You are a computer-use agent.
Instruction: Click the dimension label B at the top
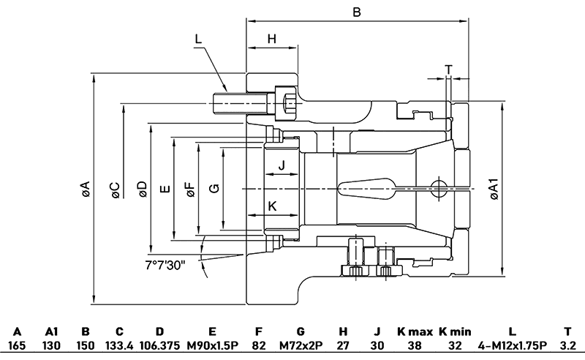coord(357,12)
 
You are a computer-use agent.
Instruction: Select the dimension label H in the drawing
coord(272,39)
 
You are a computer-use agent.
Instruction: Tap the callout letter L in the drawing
coord(199,39)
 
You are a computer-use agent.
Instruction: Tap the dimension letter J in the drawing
coord(282,166)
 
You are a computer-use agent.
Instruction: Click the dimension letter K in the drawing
coord(273,206)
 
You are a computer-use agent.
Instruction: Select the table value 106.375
coord(160,345)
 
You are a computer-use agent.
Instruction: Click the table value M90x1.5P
coord(212,345)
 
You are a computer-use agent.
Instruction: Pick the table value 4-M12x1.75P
coord(511,345)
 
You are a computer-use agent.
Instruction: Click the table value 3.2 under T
coord(567,345)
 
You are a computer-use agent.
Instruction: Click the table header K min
coord(456,331)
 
